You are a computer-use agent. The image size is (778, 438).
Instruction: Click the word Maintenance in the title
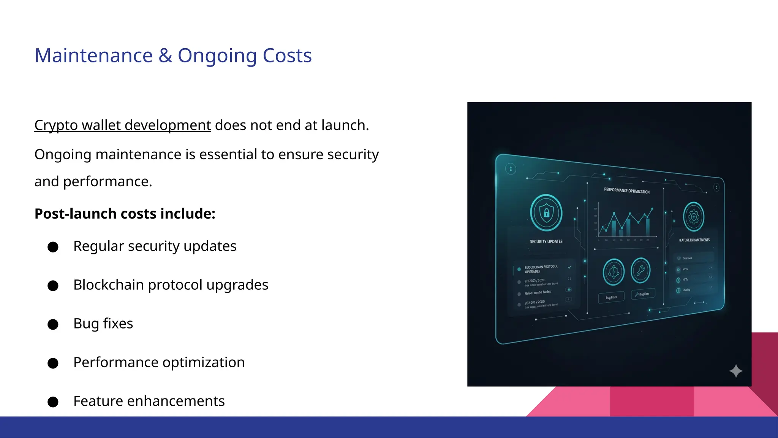pyautogui.click(x=93, y=56)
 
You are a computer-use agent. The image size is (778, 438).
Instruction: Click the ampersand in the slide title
pyautogui.click(x=165, y=56)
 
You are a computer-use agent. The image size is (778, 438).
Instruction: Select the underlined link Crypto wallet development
pyautogui.click(x=122, y=125)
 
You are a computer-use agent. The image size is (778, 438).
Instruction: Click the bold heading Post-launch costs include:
pyautogui.click(x=125, y=214)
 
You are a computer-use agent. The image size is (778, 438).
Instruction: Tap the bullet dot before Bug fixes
pyautogui.click(x=53, y=324)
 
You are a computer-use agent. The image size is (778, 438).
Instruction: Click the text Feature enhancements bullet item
pyautogui.click(x=149, y=401)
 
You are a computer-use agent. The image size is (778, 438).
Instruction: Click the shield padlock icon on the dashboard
pyautogui.click(x=546, y=213)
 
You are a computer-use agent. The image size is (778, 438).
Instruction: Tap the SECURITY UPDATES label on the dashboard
pyautogui.click(x=546, y=241)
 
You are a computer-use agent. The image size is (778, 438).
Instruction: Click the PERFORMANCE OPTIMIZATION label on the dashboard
pyautogui.click(x=627, y=190)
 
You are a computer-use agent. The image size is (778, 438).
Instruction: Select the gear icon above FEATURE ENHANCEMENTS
pyautogui.click(x=694, y=217)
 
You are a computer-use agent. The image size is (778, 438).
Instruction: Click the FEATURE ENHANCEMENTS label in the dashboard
pyautogui.click(x=694, y=240)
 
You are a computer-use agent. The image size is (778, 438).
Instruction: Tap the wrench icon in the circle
pyautogui.click(x=640, y=270)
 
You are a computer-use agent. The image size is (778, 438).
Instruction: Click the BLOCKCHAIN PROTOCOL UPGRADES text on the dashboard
pyautogui.click(x=541, y=269)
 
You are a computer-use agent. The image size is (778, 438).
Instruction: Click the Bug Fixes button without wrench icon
pyautogui.click(x=611, y=297)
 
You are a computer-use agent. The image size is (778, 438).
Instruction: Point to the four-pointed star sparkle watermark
pyautogui.click(x=736, y=371)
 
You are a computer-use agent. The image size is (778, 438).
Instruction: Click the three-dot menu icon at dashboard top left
pyautogui.click(x=511, y=169)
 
